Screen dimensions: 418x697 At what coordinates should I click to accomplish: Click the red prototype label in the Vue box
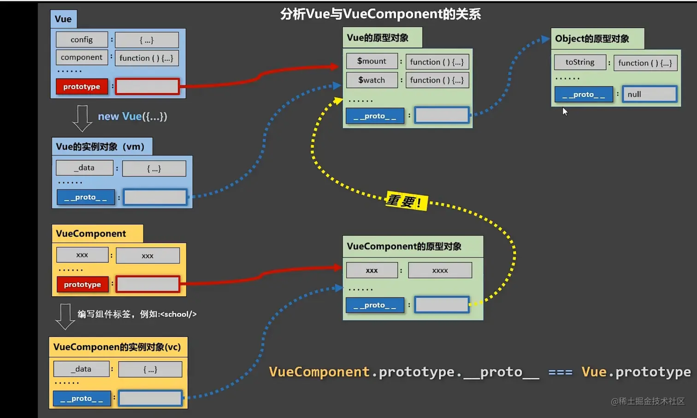(82, 86)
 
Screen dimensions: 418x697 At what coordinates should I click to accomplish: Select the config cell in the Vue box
(82, 40)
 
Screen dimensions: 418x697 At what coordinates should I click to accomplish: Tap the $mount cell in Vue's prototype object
(372, 61)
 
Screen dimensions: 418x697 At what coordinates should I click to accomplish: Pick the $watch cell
(372, 80)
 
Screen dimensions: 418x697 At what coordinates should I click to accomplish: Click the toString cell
(580, 62)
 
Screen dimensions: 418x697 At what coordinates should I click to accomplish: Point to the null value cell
(649, 94)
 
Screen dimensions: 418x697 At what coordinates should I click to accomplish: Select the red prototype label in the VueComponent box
(83, 284)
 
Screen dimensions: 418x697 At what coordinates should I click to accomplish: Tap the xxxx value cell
(440, 270)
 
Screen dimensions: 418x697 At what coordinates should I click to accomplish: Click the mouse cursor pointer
(565, 111)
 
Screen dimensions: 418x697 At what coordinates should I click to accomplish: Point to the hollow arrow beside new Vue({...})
(83, 118)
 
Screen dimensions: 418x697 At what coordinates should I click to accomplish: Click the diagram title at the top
(380, 14)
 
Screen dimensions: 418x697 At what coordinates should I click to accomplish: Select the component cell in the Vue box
(82, 57)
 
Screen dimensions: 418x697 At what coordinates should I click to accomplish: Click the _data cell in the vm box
(84, 167)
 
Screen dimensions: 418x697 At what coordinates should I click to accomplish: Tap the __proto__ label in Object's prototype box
(584, 94)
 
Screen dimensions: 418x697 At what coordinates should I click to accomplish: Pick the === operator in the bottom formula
(560, 372)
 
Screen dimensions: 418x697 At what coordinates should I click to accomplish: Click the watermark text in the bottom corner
(648, 401)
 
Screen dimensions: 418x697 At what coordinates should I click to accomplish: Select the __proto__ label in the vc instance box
(82, 398)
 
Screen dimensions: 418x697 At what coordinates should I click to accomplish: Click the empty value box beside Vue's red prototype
(147, 86)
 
